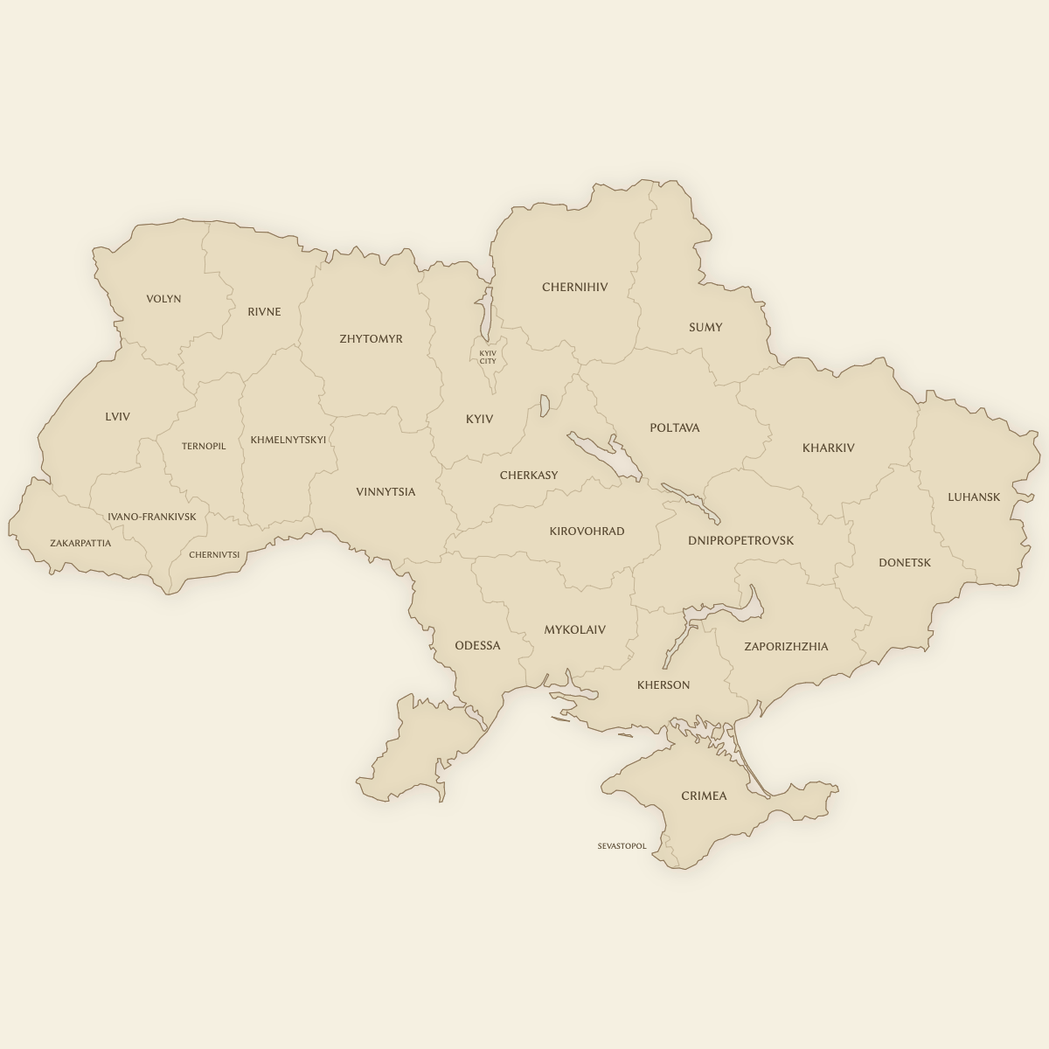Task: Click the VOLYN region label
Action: click(x=163, y=299)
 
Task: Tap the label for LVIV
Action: click(x=117, y=417)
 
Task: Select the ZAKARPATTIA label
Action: click(x=80, y=543)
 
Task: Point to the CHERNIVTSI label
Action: click(x=214, y=554)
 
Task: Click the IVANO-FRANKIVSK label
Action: click(x=152, y=517)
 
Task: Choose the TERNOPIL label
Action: click(x=204, y=446)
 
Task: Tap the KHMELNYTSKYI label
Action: click(x=288, y=440)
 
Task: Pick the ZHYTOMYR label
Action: click(x=371, y=338)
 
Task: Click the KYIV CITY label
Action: click(x=488, y=357)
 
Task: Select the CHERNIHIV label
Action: click(x=574, y=287)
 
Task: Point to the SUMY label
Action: click(x=705, y=327)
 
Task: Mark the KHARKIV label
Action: click(x=828, y=448)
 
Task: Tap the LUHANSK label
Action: click(x=974, y=497)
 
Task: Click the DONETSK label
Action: click(x=905, y=562)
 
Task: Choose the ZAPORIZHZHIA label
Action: click(x=786, y=646)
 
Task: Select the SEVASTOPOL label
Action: click(x=622, y=846)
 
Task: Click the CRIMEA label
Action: click(x=704, y=795)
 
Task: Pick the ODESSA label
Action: click(x=477, y=645)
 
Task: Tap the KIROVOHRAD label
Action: click(x=587, y=531)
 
